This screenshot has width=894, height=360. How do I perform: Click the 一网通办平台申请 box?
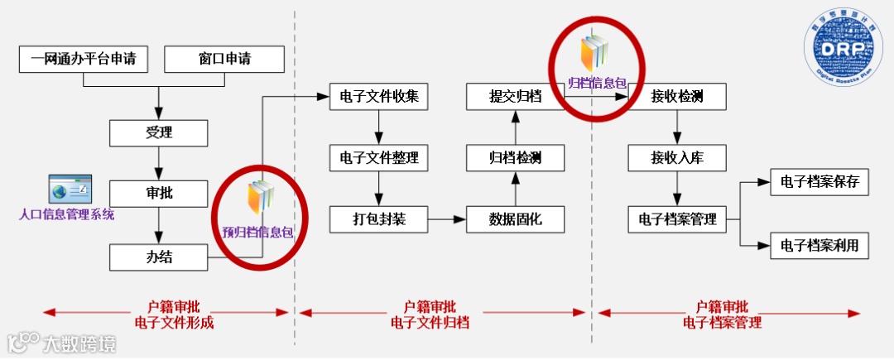click(x=84, y=60)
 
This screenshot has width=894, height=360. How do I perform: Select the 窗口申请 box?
click(x=224, y=60)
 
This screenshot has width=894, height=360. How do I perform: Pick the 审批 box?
click(x=158, y=194)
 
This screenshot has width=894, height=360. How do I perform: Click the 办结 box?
click(x=158, y=257)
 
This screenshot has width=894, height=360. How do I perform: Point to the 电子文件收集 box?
click(x=379, y=96)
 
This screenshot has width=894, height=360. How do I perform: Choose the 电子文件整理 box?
click(x=379, y=157)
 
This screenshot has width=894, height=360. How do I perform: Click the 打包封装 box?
click(x=379, y=219)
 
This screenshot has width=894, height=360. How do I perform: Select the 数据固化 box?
click(x=515, y=219)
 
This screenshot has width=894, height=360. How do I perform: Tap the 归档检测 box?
click(x=515, y=157)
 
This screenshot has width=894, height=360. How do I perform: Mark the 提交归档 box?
click(x=515, y=96)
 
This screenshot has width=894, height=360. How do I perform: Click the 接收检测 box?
click(x=677, y=96)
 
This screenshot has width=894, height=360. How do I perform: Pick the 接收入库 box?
click(x=677, y=157)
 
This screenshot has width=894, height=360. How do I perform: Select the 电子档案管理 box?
click(x=677, y=219)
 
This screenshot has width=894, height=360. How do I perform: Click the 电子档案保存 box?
click(x=819, y=183)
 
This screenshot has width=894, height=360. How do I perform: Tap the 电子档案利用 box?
click(x=819, y=245)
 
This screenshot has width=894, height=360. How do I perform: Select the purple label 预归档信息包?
click(x=257, y=233)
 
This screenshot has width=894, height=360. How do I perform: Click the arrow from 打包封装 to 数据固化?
click(x=447, y=219)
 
